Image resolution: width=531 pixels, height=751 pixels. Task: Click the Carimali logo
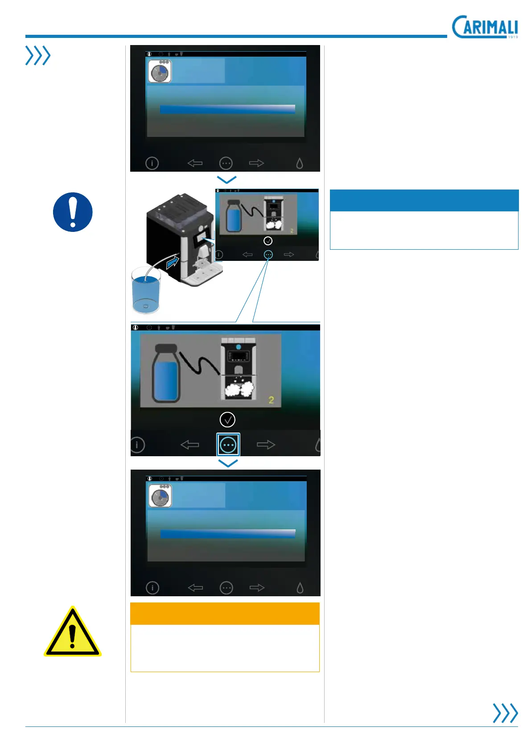coord(485,27)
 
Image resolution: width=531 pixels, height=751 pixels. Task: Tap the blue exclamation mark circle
coord(73,212)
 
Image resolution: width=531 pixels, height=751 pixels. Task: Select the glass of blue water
coord(146,290)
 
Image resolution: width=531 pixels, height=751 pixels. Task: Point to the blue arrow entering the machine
coord(172,263)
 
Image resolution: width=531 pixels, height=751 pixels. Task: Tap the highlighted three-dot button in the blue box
coord(228,445)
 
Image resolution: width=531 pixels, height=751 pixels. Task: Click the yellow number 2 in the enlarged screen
coord(271,400)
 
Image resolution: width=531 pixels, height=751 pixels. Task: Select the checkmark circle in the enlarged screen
coord(227,419)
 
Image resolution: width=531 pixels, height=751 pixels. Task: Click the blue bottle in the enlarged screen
coord(165,375)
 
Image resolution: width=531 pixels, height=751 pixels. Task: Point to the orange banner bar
coord(225,614)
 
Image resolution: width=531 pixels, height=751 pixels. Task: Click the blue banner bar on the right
coord(424,200)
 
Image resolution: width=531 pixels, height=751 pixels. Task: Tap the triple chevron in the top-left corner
coord(38,56)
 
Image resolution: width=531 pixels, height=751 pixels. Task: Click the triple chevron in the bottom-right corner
coord(505,713)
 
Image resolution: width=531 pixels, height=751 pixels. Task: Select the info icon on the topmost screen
coord(152,163)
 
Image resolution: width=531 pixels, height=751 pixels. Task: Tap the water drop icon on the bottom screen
coord(300,588)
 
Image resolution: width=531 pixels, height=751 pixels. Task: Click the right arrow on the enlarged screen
coord(266,445)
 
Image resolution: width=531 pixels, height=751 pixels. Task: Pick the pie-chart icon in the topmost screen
coord(160,72)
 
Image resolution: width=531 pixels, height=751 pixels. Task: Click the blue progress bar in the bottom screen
coord(228,534)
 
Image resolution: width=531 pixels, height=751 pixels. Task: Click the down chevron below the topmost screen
coord(226,179)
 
